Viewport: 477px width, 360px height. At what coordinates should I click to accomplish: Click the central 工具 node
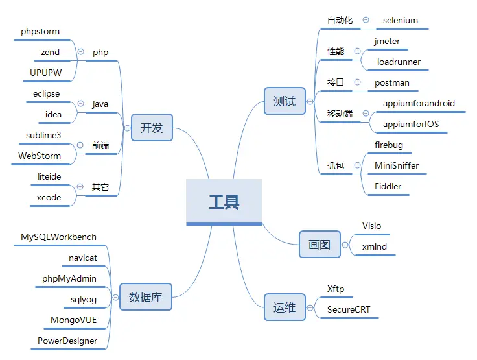pos(224,202)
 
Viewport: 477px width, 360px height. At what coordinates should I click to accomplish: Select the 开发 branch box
pos(151,127)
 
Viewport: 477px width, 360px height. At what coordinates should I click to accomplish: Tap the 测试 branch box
pos(285,101)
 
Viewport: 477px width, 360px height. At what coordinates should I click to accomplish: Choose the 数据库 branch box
pos(146,297)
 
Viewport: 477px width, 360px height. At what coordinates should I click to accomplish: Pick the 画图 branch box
pos(320,245)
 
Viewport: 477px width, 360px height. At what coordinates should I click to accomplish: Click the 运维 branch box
pos(285,307)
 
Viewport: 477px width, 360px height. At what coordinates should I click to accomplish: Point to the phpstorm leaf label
pos(41,31)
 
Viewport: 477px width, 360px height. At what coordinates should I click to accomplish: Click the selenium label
pos(400,20)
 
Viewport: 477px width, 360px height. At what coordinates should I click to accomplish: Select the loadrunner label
pos(399,62)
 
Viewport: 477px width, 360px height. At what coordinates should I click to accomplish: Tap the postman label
pos(391,82)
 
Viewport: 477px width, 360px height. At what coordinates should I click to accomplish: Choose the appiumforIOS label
pos(411,124)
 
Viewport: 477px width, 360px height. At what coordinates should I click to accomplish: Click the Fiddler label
pos(388,186)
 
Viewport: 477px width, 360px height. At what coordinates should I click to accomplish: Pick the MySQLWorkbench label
pos(58,237)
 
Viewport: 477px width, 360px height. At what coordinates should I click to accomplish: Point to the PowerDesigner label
pos(67,341)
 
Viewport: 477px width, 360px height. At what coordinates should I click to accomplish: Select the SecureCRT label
pos(349,309)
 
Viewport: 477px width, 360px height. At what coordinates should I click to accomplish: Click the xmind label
pos(375,246)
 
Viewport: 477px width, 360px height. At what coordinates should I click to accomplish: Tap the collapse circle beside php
pos(80,52)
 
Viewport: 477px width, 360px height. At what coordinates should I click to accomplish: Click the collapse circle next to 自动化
pos(366,20)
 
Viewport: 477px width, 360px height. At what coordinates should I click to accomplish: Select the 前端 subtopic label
pos(100,145)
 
